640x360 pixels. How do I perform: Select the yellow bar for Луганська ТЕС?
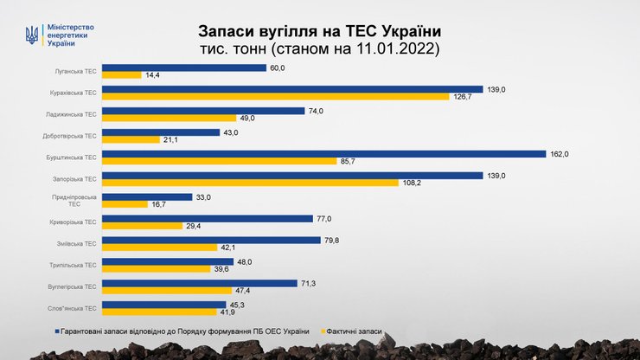coord(122,75)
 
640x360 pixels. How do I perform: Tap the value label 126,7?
coord(464,97)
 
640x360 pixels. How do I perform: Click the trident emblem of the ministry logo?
coord(33,35)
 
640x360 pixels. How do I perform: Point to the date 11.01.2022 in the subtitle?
coord(397,50)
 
